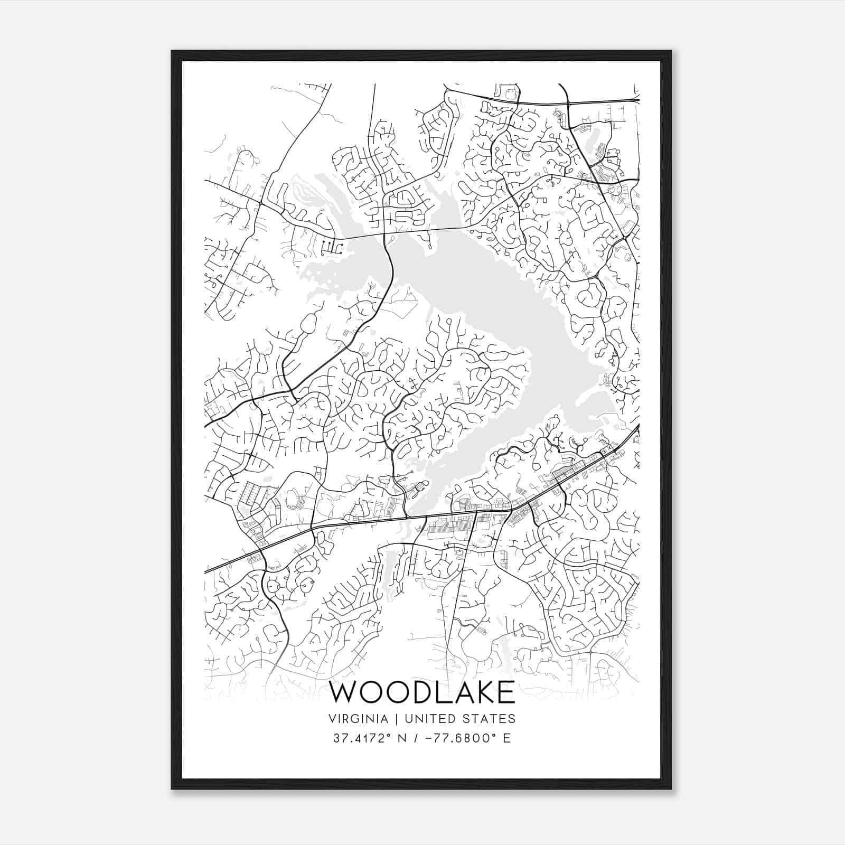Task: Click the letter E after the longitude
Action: coord(507,738)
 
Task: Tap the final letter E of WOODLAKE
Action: coord(508,693)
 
